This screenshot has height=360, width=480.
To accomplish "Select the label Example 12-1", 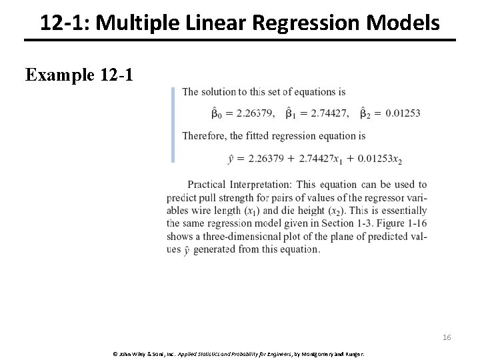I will pyautogui.click(x=79, y=74).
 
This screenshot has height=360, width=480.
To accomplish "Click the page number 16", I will pyautogui.click(x=447, y=338).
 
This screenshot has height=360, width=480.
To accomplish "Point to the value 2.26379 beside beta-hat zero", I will pyautogui.click(x=256, y=113).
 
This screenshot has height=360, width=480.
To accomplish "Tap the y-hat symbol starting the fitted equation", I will pyautogui.click(x=231, y=159).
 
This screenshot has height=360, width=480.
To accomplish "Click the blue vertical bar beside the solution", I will pyautogui.click(x=173, y=125).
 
